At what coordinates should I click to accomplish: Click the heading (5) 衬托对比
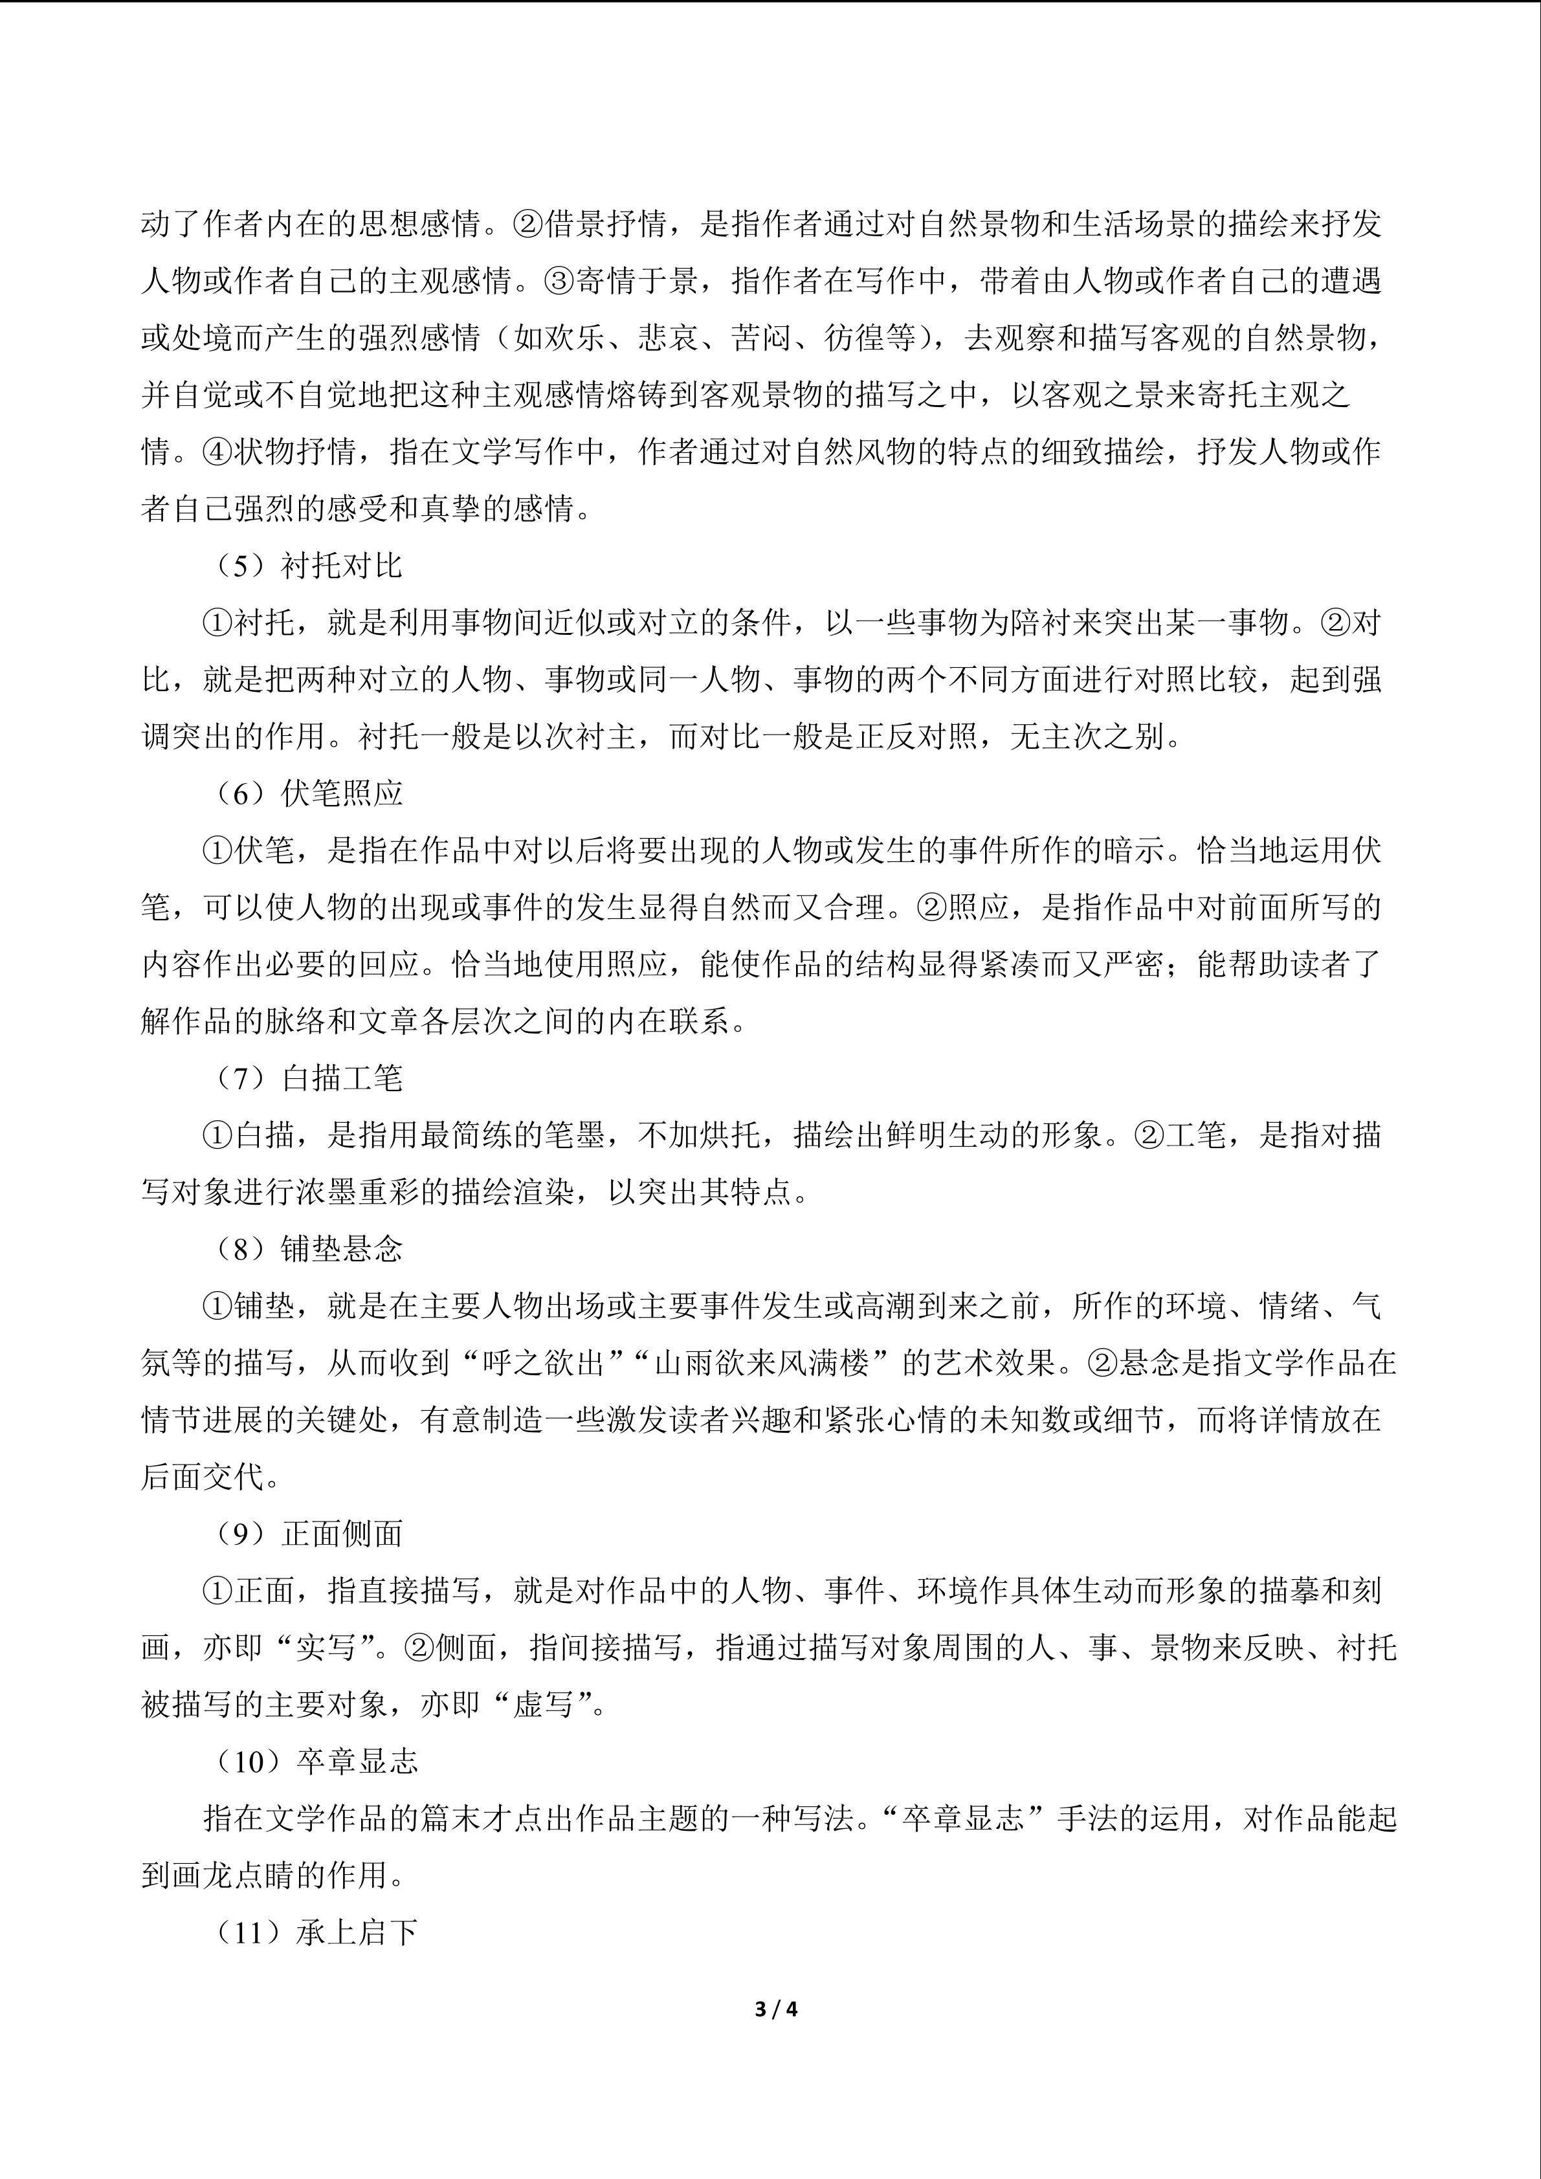click(x=308, y=566)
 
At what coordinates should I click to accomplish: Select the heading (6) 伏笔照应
click(x=308, y=793)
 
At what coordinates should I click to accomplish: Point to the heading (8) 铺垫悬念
click(x=308, y=1249)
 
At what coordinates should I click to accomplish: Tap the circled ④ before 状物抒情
click(x=218, y=452)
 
